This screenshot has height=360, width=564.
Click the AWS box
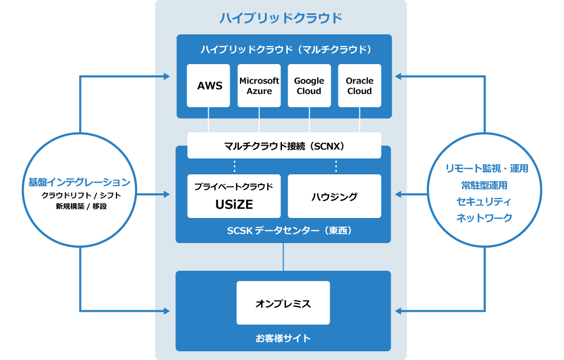point(208,86)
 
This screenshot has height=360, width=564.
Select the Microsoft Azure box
point(259,86)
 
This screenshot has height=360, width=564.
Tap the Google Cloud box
point(309,86)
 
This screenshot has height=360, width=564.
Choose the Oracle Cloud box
point(359,86)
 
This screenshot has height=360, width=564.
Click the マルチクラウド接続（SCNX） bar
point(284,146)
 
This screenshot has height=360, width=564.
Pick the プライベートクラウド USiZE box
point(234,196)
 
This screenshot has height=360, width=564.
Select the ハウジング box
point(334,196)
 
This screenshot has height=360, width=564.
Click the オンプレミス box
point(283,303)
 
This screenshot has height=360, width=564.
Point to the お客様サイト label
point(283,338)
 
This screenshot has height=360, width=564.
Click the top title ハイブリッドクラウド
point(280,18)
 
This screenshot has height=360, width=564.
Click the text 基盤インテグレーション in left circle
point(79,182)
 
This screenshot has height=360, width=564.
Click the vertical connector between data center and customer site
point(283,257)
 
